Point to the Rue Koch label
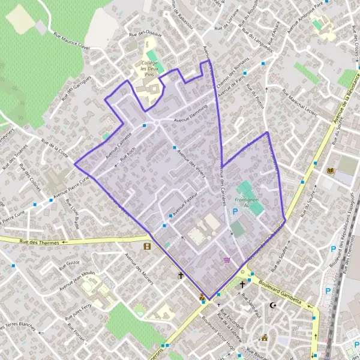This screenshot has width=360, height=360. click(127, 156)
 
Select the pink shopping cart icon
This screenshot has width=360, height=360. click(226, 260)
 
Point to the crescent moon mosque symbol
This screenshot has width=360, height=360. click(274, 305)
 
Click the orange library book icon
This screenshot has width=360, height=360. click(329, 171)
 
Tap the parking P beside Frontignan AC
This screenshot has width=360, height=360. click(235, 212)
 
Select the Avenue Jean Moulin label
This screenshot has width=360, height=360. click(76, 280)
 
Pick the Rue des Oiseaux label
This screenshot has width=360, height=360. click(141, 36)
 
